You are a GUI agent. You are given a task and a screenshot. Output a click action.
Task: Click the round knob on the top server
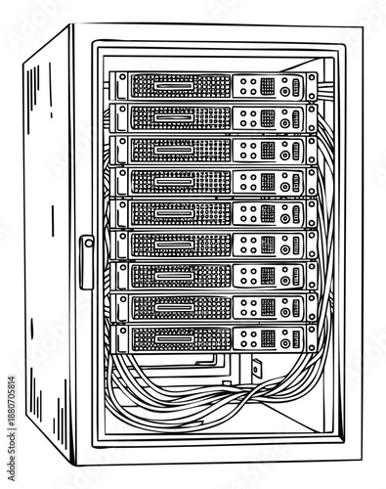(x=284, y=90)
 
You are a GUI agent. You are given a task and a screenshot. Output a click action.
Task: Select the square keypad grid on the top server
(x=267, y=86)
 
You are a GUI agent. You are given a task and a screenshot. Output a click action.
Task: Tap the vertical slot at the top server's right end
(x=296, y=88)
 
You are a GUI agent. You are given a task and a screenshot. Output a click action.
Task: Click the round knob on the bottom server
(x=284, y=340)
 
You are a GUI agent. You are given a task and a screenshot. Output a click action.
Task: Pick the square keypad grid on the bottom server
(x=267, y=338)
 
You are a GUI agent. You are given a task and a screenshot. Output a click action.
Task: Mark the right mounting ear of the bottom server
(x=312, y=338)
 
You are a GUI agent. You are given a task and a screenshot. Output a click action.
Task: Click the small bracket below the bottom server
(x=257, y=370)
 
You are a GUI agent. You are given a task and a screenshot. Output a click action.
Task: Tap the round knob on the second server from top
(x=284, y=122)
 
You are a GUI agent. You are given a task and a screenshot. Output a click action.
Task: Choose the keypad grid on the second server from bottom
(x=267, y=307)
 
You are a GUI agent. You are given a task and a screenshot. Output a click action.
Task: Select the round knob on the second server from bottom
(x=284, y=310)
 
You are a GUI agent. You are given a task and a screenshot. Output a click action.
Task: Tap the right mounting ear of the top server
(x=312, y=88)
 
